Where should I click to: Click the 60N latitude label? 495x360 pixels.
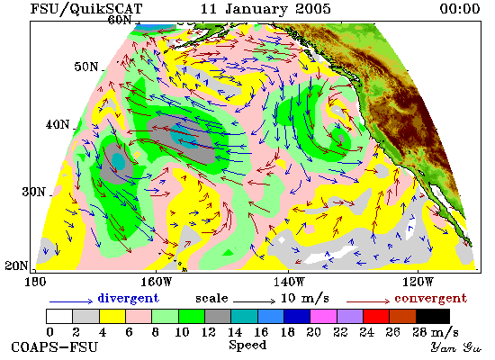pyautogui.click(x=120, y=20)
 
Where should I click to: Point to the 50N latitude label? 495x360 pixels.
pyautogui.click(x=86, y=67)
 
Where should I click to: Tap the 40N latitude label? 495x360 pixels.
pyautogui.click(x=58, y=125)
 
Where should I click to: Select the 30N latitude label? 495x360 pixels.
pyautogui.click(x=34, y=192)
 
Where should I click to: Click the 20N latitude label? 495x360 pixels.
pyautogui.click(x=16, y=265)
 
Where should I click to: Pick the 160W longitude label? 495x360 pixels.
pyautogui.click(x=156, y=282)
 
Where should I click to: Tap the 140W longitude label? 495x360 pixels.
pyautogui.click(x=289, y=282)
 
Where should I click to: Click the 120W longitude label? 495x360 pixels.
pyautogui.click(x=418, y=282)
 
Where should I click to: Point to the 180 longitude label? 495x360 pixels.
pyautogui.click(x=35, y=282)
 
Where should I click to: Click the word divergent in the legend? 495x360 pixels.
pyautogui.click(x=128, y=298)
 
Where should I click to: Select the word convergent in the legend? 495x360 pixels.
pyautogui.click(x=430, y=299)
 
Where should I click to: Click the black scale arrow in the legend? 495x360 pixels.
pyautogui.click(x=255, y=301)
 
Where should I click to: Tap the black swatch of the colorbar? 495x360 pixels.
pyautogui.click(x=433, y=317)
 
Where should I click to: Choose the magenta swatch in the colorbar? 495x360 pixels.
pyautogui.click(x=323, y=317)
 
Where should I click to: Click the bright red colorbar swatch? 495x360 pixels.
pyautogui.click(x=376, y=317)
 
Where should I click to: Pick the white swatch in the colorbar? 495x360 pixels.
pyautogui.click(x=59, y=317)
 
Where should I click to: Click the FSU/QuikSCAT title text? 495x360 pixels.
pyautogui.click(x=86, y=9)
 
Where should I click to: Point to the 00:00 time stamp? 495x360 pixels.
pyautogui.click(x=460, y=9)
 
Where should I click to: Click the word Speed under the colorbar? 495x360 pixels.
pyautogui.click(x=247, y=346)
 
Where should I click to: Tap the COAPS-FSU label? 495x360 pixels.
pyautogui.click(x=55, y=347)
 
